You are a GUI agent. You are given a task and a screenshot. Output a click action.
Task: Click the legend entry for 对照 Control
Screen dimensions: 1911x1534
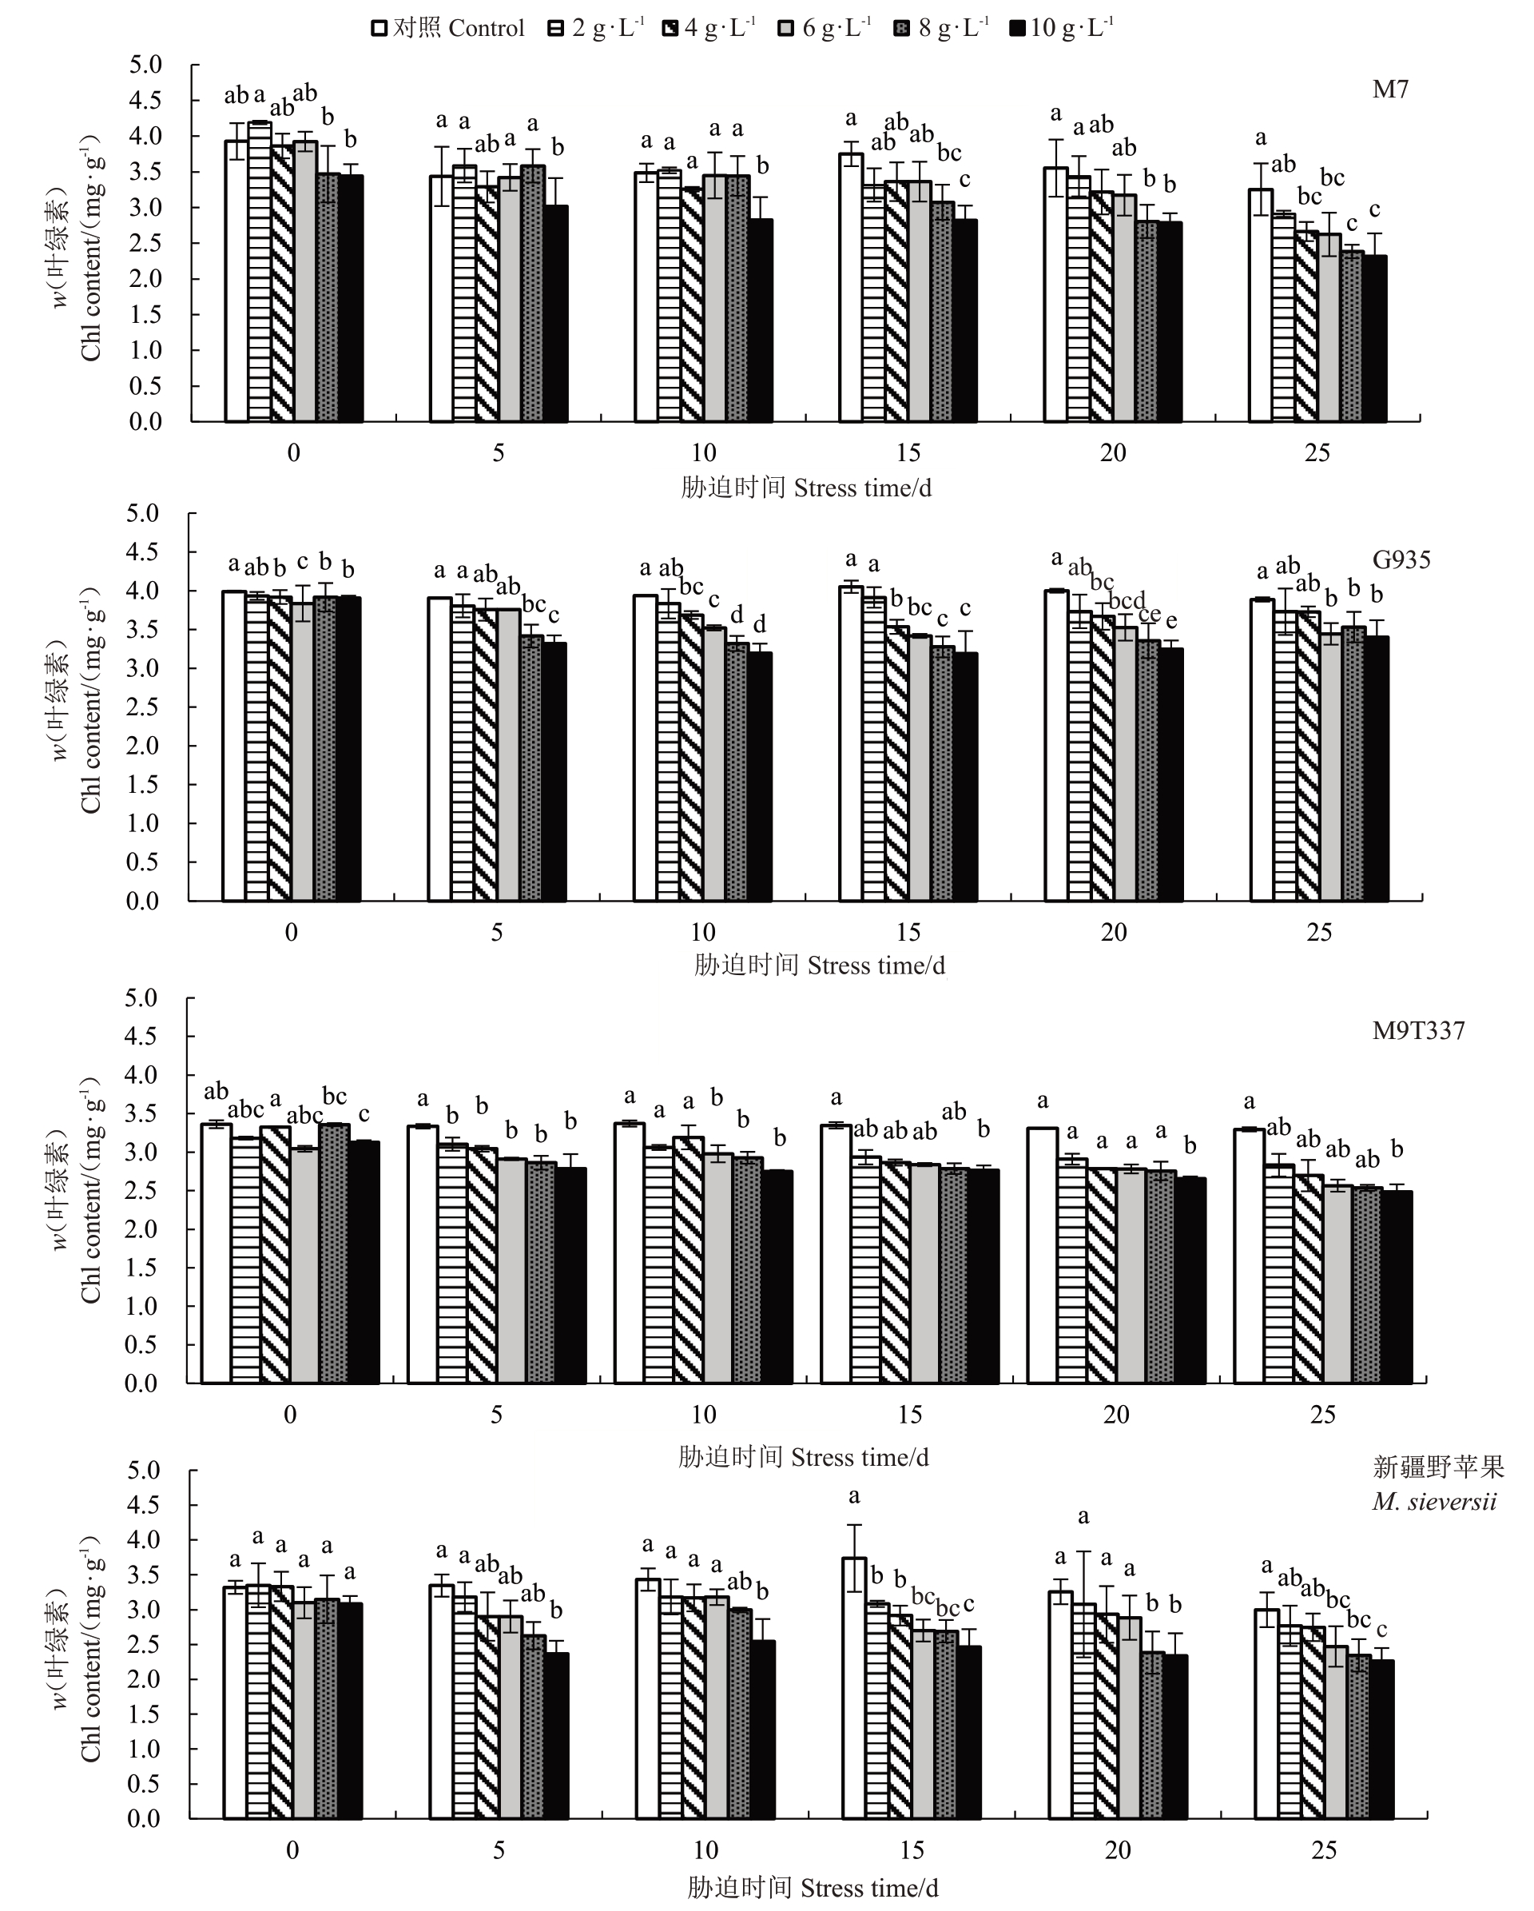447,28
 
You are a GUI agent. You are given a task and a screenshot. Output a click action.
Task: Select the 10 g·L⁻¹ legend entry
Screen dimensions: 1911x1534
1061,28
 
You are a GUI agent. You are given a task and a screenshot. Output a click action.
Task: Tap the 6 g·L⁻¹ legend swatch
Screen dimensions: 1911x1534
786,28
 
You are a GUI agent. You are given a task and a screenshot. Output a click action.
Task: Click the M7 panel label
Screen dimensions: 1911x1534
1389,89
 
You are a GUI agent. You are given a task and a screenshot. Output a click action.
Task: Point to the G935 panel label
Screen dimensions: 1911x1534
1401,559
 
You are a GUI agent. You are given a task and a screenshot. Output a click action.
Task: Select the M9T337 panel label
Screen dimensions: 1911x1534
1418,1030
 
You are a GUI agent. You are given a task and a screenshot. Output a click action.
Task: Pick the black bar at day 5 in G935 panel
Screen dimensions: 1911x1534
554,771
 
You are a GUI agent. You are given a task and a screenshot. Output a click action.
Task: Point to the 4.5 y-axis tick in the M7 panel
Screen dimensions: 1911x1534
146,100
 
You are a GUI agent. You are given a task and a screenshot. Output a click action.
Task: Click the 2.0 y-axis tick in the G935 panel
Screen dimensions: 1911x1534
143,746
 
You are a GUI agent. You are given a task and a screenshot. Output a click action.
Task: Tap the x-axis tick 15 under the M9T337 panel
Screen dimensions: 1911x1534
910,1415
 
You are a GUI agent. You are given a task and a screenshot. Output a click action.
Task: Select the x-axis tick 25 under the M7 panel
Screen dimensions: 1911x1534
1317,453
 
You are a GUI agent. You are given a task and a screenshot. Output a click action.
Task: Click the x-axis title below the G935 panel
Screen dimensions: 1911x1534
819,965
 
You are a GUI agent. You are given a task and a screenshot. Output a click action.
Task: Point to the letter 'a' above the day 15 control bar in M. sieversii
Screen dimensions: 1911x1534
853,1497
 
